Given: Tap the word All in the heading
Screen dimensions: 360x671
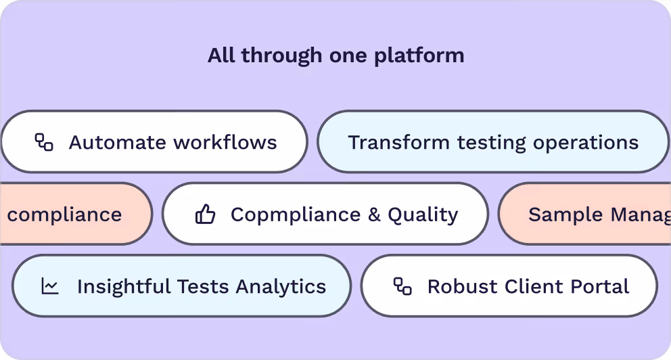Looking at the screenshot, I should point(221,55).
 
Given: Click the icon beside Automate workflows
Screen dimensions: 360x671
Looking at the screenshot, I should point(44,142).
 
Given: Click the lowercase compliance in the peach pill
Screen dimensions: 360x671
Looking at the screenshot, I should point(65,215).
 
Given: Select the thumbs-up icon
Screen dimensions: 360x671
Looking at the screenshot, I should point(205,215).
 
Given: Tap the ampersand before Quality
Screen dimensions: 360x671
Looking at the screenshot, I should point(374,215).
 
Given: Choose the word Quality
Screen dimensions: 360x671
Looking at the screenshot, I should point(423,215).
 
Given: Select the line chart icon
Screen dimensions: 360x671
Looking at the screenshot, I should point(50,286).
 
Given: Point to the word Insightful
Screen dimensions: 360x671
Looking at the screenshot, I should point(124,286).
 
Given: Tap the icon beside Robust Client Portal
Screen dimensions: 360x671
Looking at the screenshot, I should point(402,286).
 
